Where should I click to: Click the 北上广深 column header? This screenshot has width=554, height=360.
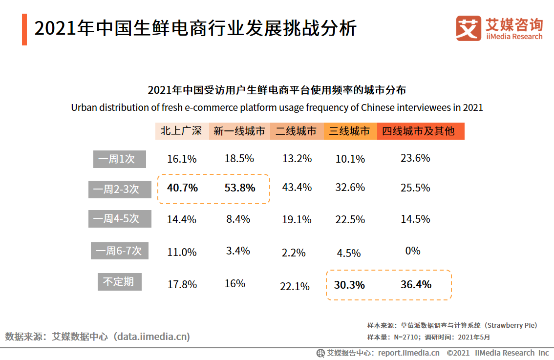click(x=182, y=131)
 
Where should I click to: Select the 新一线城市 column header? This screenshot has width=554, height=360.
click(x=239, y=131)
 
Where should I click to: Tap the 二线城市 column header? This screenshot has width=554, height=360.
click(x=296, y=131)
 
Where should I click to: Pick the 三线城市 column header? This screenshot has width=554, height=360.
click(x=350, y=131)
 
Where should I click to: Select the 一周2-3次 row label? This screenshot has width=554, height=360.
click(x=120, y=189)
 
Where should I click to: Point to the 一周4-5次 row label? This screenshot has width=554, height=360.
click(x=120, y=218)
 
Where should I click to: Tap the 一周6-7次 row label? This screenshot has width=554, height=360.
click(x=120, y=251)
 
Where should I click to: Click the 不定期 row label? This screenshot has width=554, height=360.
click(x=118, y=282)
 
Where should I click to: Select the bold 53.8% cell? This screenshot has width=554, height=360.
click(x=239, y=188)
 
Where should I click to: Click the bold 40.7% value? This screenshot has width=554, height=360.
click(x=182, y=188)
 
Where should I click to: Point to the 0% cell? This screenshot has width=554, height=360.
click(x=413, y=251)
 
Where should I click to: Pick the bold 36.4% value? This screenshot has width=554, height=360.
click(x=416, y=284)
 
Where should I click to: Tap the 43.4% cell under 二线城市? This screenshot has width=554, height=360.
click(x=297, y=188)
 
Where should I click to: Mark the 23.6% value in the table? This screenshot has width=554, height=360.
click(x=415, y=158)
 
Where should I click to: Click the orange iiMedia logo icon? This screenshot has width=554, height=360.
click(x=468, y=28)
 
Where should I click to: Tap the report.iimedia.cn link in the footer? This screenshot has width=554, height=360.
click(x=408, y=353)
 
